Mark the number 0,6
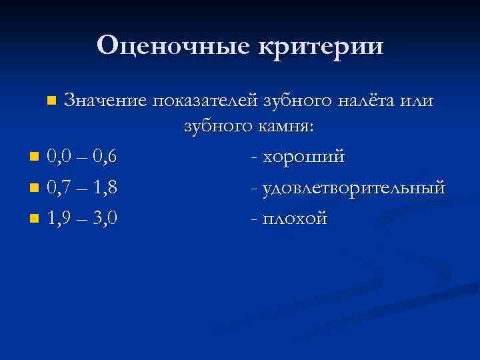(x=105, y=157)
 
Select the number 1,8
(x=105, y=188)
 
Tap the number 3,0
(x=105, y=218)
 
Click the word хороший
(x=304, y=157)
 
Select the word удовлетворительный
(x=354, y=188)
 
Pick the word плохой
(x=295, y=218)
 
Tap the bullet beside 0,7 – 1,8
(x=34, y=189)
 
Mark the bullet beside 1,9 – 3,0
(x=34, y=219)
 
